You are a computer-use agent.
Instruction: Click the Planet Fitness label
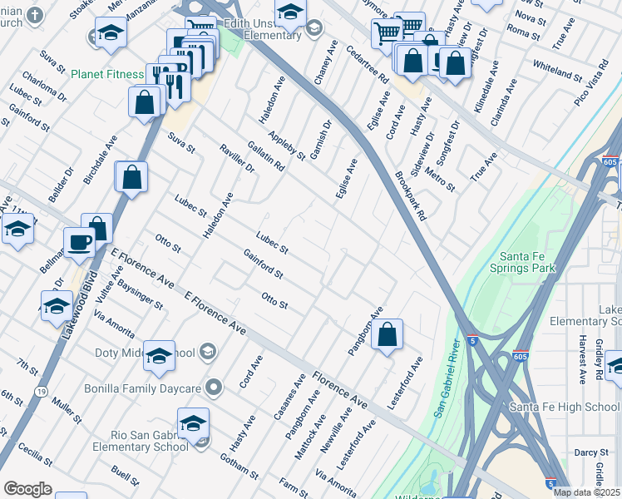[x=107, y=74]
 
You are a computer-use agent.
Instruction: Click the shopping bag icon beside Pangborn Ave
[x=387, y=336]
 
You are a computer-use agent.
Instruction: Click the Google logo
[x=28, y=489]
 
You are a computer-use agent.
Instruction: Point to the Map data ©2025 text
[x=587, y=492]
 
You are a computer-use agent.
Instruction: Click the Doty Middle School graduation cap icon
[x=159, y=356]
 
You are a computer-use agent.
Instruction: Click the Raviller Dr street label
[x=237, y=156]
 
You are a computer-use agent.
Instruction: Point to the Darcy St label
[x=591, y=452]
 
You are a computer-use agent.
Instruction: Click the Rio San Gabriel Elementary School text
[x=137, y=441]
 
